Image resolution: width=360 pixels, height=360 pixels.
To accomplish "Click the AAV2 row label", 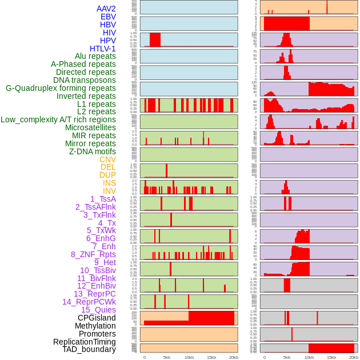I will [x=106, y=9].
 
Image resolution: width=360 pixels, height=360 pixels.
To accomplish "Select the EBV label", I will [x=108, y=17].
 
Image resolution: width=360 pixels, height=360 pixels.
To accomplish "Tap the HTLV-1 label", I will [x=103, y=49].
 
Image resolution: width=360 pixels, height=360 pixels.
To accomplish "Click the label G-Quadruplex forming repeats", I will [x=61, y=88].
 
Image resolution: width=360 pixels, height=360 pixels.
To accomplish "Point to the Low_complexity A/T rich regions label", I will [x=58, y=119].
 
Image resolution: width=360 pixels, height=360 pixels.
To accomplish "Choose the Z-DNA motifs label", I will [x=93, y=151].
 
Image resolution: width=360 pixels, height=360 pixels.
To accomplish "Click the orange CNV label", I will [x=107, y=159].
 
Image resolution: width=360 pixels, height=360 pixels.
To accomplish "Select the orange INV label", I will [x=109, y=191].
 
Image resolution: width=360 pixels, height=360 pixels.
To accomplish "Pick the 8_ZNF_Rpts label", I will [x=93, y=254].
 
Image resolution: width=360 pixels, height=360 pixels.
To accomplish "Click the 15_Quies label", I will [x=98, y=310].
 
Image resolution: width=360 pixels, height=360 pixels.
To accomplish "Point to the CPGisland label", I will [x=97, y=318].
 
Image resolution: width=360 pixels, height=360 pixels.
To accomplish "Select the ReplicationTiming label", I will [x=85, y=342].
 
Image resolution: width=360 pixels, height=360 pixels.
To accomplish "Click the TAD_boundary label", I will [x=89, y=349].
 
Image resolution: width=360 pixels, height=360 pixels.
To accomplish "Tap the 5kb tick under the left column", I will [x=167, y=357].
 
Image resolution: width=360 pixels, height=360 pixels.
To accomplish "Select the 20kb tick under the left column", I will [x=233, y=357].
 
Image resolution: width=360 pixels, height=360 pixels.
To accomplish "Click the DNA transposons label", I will [x=85, y=80].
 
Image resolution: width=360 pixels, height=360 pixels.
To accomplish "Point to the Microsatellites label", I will [x=90, y=127].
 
